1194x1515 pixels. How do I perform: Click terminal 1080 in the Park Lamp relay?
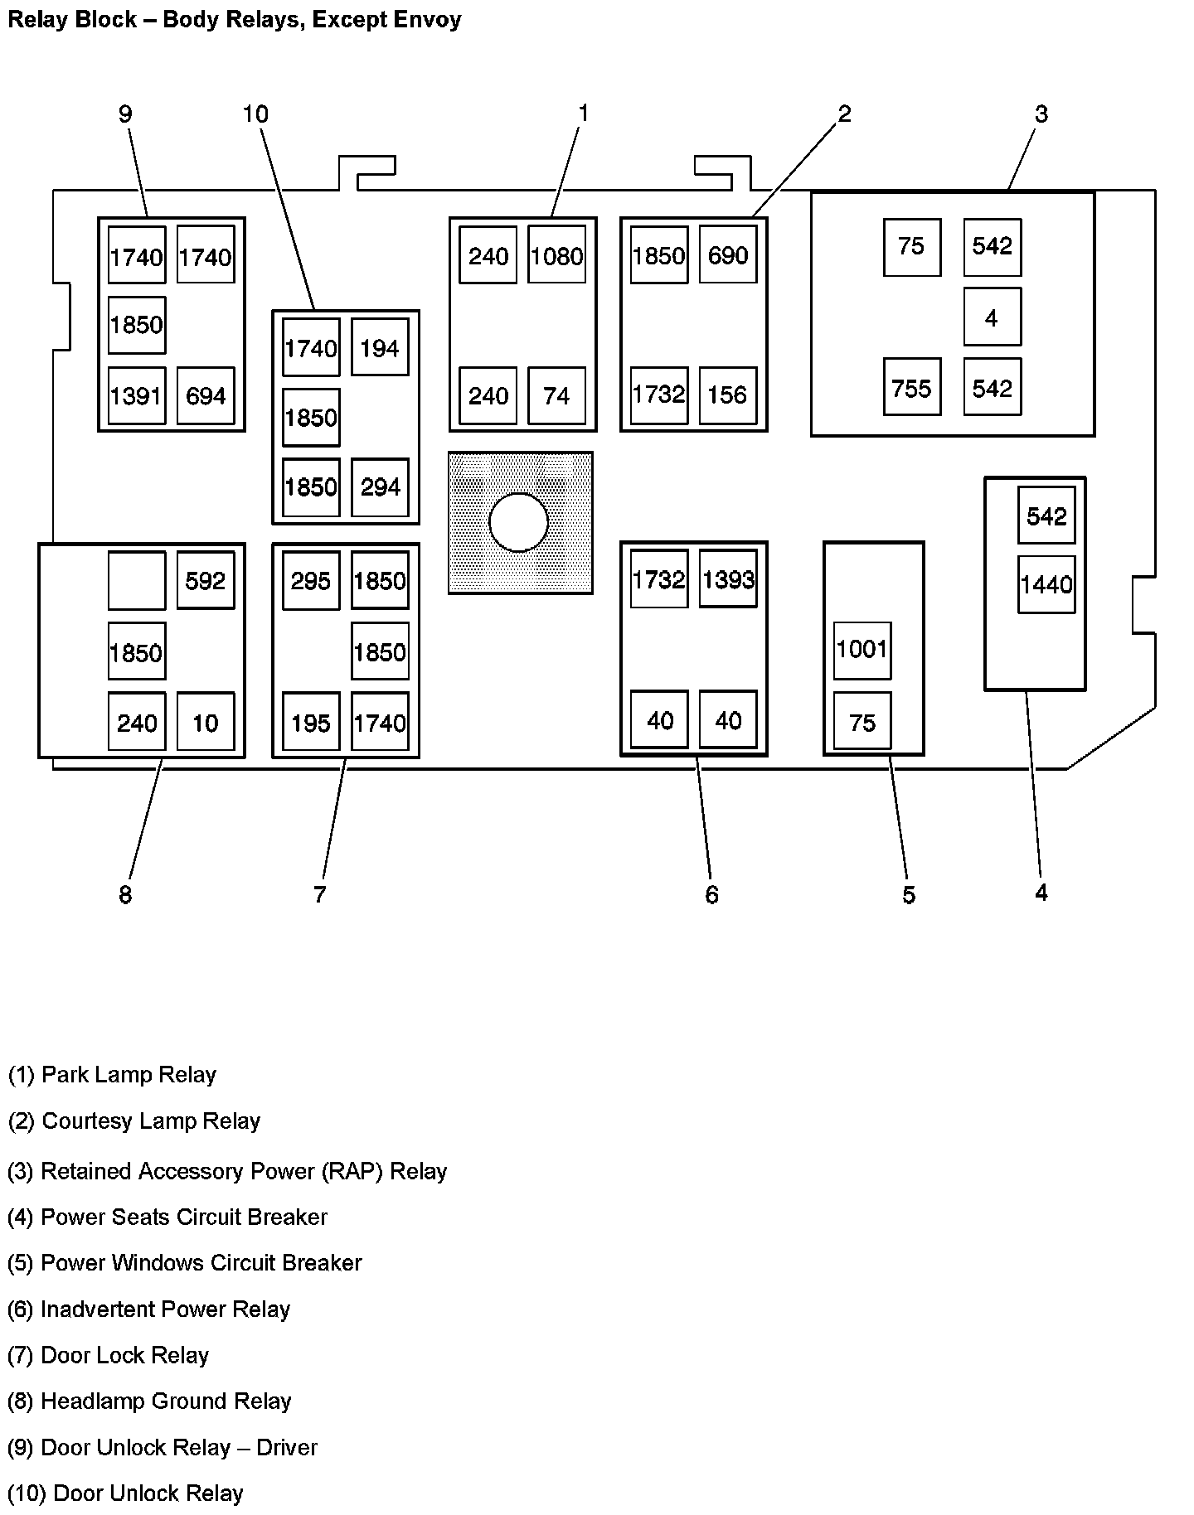tap(556, 256)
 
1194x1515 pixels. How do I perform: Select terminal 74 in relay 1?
tap(556, 395)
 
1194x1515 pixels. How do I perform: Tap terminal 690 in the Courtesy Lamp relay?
tap(728, 255)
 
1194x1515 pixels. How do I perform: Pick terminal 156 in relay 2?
tap(728, 394)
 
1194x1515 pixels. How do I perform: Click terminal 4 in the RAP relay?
tap(992, 317)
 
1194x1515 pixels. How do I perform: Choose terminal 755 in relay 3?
tap(911, 388)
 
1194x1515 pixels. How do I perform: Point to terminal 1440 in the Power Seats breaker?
tap(1046, 585)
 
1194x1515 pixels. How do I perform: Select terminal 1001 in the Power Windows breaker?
tap(862, 650)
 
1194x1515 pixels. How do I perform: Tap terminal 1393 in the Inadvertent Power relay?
tap(728, 579)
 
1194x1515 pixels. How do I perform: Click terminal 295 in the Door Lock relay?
tap(311, 581)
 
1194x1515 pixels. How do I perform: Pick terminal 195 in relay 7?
tap(311, 724)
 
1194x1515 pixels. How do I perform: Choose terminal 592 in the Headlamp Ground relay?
tap(206, 581)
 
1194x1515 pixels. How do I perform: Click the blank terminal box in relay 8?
tap(137, 581)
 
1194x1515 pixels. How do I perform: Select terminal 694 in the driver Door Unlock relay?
tap(206, 396)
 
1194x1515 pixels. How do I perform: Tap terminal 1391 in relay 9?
tap(137, 396)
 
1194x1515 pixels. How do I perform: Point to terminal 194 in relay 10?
tap(380, 348)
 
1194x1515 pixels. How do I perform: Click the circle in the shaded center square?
tap(519, 523)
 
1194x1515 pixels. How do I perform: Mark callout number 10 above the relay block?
tap(255, 114)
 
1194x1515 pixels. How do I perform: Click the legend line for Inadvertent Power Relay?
tap(149, 1309)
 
